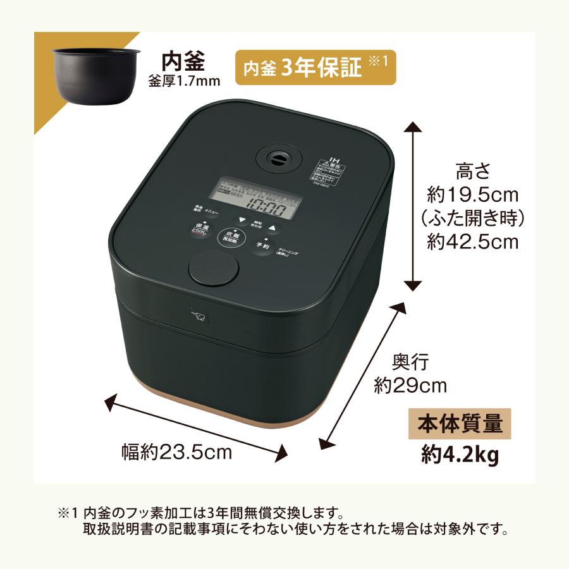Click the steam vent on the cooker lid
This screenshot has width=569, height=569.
tap(276, 160)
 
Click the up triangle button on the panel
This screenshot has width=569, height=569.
tap(273, 228)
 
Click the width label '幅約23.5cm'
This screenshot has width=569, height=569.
tap(177, 453)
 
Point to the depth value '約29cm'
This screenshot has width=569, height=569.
tap(410, 385)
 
